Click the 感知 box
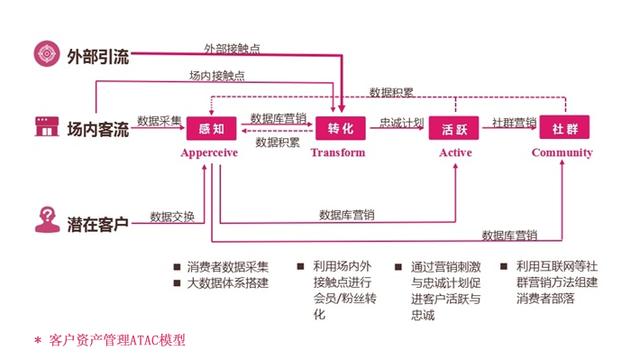tap(211, 129)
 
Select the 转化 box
tap(340, 128)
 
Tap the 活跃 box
tap(453, 128)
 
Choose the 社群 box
tap(564, 127)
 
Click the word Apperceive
tap(209, 153)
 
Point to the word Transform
tap(338, 153)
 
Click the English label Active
tap(456, 153)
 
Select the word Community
tap(562, 153)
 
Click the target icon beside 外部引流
tap(47, 53)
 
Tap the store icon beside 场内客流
tap(47, 127)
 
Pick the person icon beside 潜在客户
tap(47, 220)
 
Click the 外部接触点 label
tap(232, 49)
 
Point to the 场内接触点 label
tap(217, 76)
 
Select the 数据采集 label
tap(159, 121)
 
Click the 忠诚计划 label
tap(402, 122)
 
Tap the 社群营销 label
tap(514, 122)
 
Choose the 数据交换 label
tap(172, 217)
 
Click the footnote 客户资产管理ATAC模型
tap(117, 340)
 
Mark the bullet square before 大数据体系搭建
tap(177, 283)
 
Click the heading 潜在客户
tap(98, 224)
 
